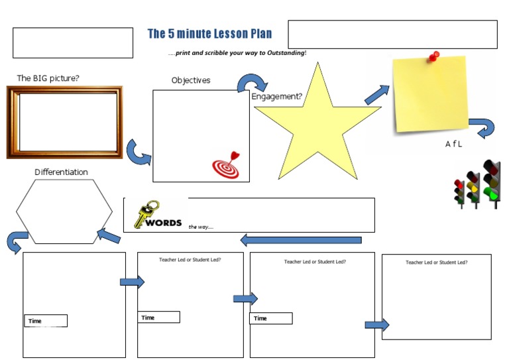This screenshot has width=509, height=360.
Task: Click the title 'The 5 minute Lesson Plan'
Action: tap(209, 34)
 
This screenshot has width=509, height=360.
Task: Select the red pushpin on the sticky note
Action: tap(435, 56)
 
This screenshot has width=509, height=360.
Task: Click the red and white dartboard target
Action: tap(226, 165)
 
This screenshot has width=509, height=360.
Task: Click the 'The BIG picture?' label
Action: tap(48, 78)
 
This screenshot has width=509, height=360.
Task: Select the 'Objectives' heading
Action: tap(191, 80)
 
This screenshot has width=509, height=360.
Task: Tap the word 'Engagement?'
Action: tap(277, 96)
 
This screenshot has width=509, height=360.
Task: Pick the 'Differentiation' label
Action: tap(61, 172)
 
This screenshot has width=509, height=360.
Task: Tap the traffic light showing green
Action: tap(491, 182)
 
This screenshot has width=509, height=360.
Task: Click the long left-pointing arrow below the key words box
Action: tap(301, 240)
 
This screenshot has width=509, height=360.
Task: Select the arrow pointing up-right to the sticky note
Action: tap(377, 95)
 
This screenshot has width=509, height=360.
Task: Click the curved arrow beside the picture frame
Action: tap(139, 152)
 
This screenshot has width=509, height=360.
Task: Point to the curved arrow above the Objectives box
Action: tap(252, 84)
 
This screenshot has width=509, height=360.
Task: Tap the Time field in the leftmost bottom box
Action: tap(46, 321)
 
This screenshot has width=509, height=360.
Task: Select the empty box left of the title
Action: tap(73, 42)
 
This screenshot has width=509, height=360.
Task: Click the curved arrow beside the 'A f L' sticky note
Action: tap(482, 127)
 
